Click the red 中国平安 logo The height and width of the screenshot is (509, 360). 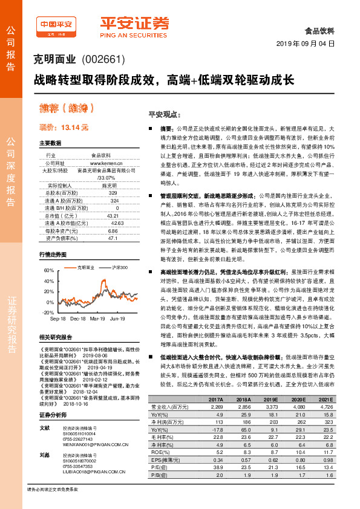(56, 25)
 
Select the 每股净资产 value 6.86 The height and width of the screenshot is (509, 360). (112, 231)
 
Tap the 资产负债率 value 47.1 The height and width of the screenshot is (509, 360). (112, 238)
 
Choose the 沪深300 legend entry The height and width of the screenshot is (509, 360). (119, 266)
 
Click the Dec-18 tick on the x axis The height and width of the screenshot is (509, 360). (79, 318)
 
